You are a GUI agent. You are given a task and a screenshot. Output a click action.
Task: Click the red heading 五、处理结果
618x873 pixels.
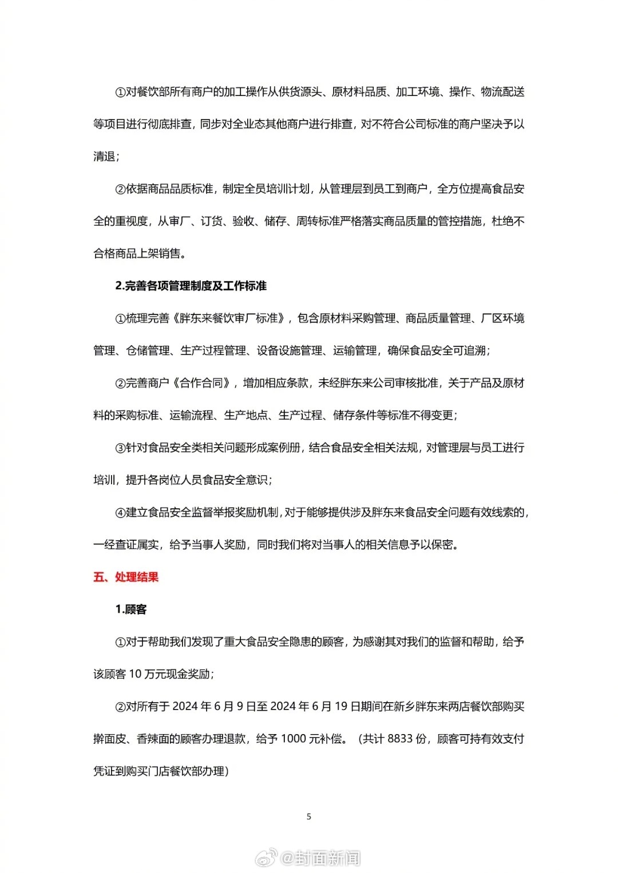[x=126, y=577]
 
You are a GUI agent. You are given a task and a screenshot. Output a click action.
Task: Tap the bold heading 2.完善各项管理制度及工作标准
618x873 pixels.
[x=191, y=286]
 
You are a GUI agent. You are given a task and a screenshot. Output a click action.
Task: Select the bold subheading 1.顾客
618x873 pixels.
[x=130, y=609]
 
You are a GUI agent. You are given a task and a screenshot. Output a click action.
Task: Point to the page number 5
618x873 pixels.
[x=309, y=816]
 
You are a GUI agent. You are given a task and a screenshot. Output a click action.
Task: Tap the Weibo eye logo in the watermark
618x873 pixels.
[x=266, y=858]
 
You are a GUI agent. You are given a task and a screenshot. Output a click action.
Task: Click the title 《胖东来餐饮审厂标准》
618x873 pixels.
[x=231, y=318]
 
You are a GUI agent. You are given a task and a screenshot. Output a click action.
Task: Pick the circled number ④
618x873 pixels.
[x=120, y=513]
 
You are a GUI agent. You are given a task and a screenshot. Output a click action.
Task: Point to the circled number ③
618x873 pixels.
[x=120, y=448]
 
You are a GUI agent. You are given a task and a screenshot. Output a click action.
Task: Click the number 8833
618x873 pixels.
[x=399, y=739]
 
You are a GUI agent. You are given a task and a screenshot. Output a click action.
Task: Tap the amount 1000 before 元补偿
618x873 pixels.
[x=294, y=739]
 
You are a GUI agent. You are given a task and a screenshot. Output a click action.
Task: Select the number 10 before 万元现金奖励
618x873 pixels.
[x=135, y=674]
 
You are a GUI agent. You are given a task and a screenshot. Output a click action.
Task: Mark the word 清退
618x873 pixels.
[x=104, y=157]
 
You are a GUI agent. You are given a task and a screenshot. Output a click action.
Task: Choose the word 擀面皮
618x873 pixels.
[x=109, y=739]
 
